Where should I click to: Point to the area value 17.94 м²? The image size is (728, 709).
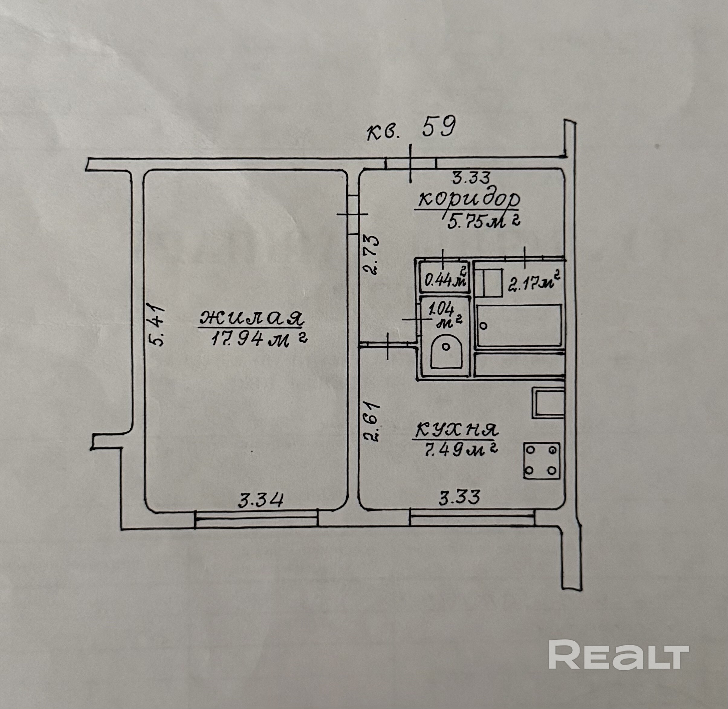pyautogui.click(x=258, y=339)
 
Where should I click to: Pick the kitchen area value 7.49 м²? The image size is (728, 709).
pyautogui.click(x=461, y=450)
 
